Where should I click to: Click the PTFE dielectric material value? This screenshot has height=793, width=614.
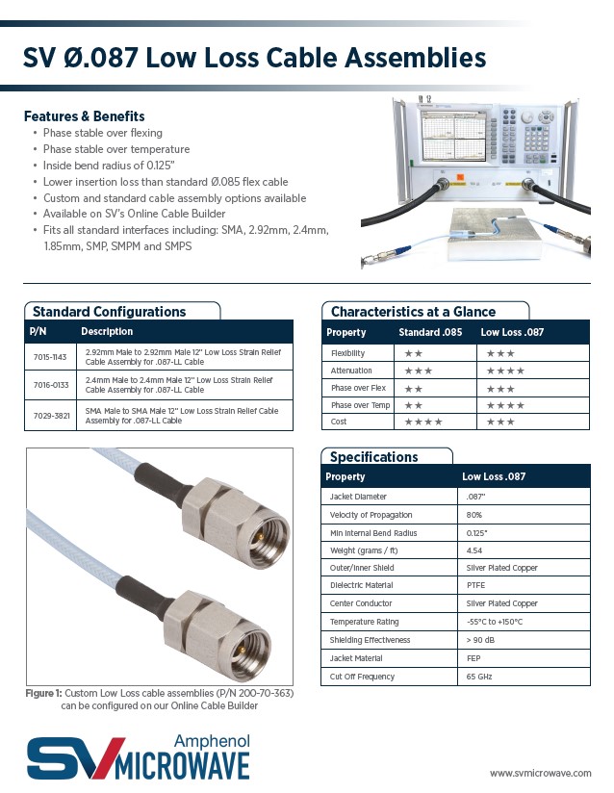pyautogui.click(x=474, y=585)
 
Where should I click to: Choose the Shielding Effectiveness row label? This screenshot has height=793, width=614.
pyautogui.click(x=370, y=640)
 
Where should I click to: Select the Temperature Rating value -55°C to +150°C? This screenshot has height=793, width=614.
pyautogui.click(x=494, y=622)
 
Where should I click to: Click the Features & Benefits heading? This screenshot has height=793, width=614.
pyautogui.click(x=85, y=116)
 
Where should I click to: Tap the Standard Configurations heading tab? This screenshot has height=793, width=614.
pyautogui.click(x=109, y=312)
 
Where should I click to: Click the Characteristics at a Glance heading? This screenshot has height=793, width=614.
pyautogui.click(x=413, y=312)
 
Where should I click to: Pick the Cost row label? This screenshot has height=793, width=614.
pyautogui.click(x=339, y=422)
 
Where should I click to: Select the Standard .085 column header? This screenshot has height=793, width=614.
pyautogui.click(x=430, y=333)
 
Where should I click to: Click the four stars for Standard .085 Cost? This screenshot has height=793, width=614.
pyautogui.click(x=423, y=422)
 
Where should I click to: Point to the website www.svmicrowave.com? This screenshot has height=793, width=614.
pyautogui.click(x=539, y=772)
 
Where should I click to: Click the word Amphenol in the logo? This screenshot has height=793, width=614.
pyautogui.click(x=212, y=740)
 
